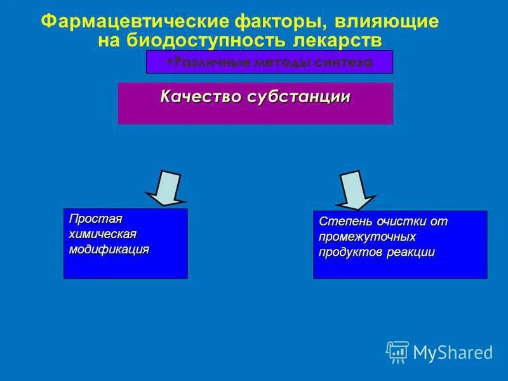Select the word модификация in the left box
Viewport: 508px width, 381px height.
[x=109, y=249]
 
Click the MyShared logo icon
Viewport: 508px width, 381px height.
[x=398, y=351]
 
